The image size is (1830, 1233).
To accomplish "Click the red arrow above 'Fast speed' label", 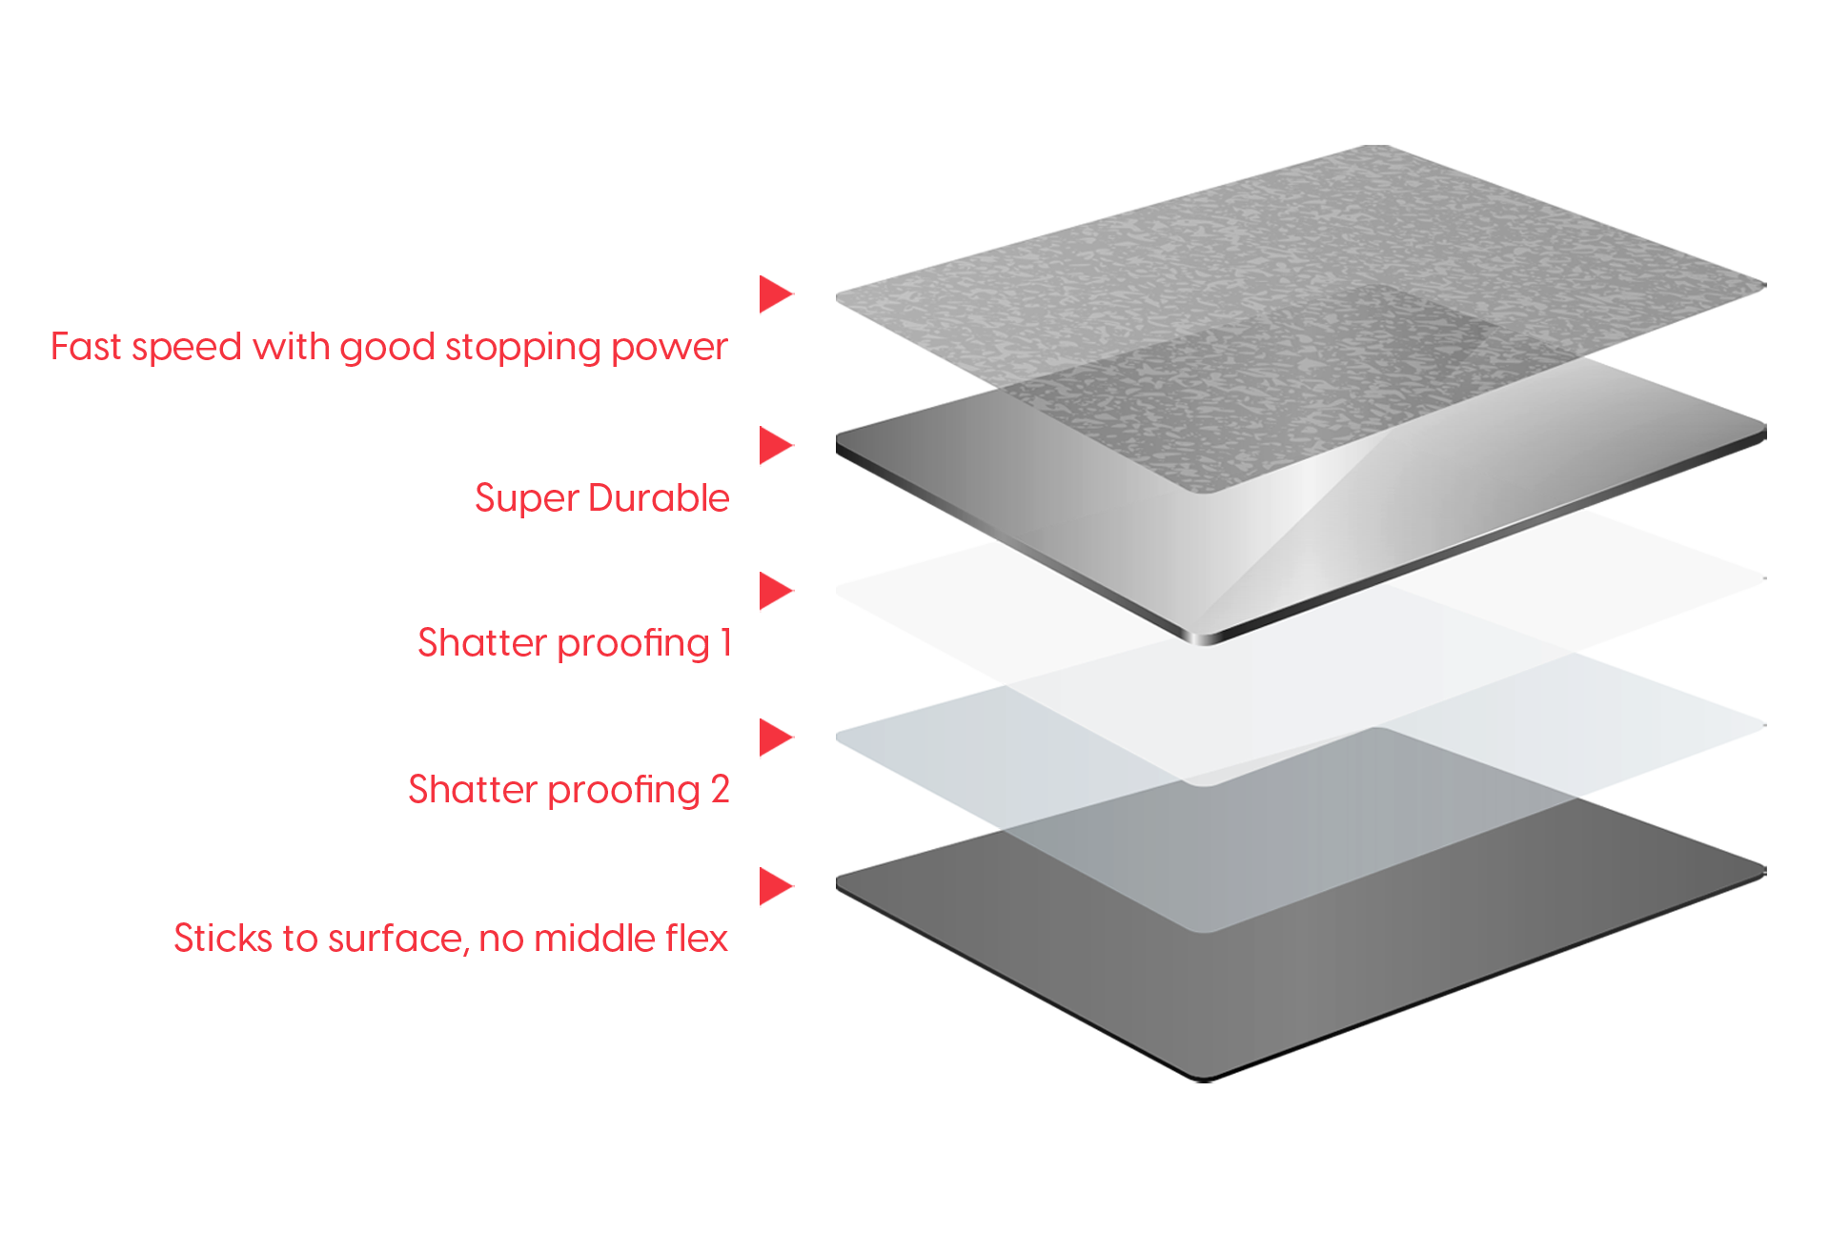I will click(x=775, y=294).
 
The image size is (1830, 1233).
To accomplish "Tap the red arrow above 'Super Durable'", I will click(x=775, y=446).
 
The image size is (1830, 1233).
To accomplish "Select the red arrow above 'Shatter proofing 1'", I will click(x=775, y=592).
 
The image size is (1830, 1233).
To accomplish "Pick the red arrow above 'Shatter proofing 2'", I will click(x=775, y=738).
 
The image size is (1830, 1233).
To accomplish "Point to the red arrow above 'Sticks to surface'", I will click(x=775, y=886).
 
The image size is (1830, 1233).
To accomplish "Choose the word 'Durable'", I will click(x=659, y=498).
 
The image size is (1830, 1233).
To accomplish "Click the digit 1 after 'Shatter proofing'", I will click(x=725, y=643).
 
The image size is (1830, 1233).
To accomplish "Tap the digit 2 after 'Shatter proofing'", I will click(x=721, y=790).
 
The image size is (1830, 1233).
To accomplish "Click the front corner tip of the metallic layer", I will click(x=1205, y=638).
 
